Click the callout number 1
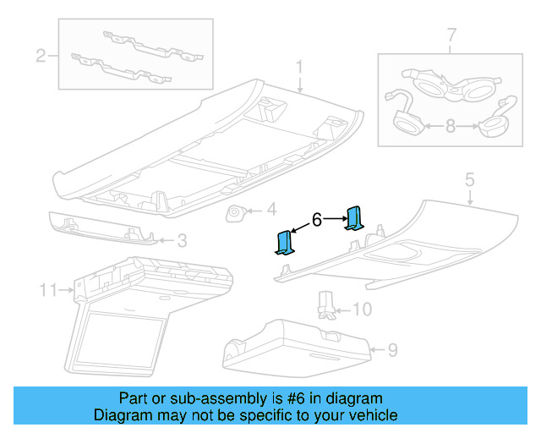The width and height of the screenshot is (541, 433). pyautogui.click(x=298, y=67)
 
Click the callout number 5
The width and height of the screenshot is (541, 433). pyautogui.click(x=470, y=180)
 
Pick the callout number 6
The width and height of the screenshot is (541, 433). pyautogui.click(x=317, y=220)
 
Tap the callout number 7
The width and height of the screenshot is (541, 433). pyautogui.click(x=451, y=36)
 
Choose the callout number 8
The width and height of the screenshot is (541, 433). pyautogui.click(x=450, y=126)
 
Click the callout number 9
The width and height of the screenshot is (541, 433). pyautogui.click(x=391, y=349)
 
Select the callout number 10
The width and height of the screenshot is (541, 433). pyautogui.click(x=361, y=310)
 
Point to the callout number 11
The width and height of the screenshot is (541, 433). pyautogui.click(x=47, y=291)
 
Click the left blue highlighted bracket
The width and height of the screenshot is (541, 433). pyautogui.click(x=284, y=243)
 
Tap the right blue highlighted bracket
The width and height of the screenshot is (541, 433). pyautogui.click(x=355, y=218)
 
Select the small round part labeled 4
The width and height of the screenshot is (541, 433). pyautogui.click(x=235, y=212)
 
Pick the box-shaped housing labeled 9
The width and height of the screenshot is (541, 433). pyautogui.click(x=296, y=347)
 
